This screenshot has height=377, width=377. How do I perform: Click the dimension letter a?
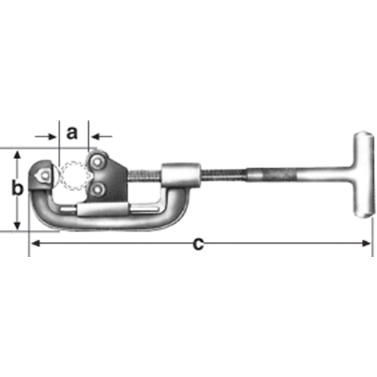click(x=72, y=133)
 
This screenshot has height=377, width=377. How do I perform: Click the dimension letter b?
click(x=17, y=189)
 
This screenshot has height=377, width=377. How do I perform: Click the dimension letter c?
click(x=198, y=243)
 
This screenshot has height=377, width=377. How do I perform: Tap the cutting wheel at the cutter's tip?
click(x=42, y=173)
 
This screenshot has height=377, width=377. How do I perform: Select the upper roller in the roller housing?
click(x=99, y=161)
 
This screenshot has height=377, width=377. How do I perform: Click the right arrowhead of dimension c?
click(x=367, y=243)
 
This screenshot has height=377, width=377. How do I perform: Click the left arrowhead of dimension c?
click(x=34, y=243)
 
